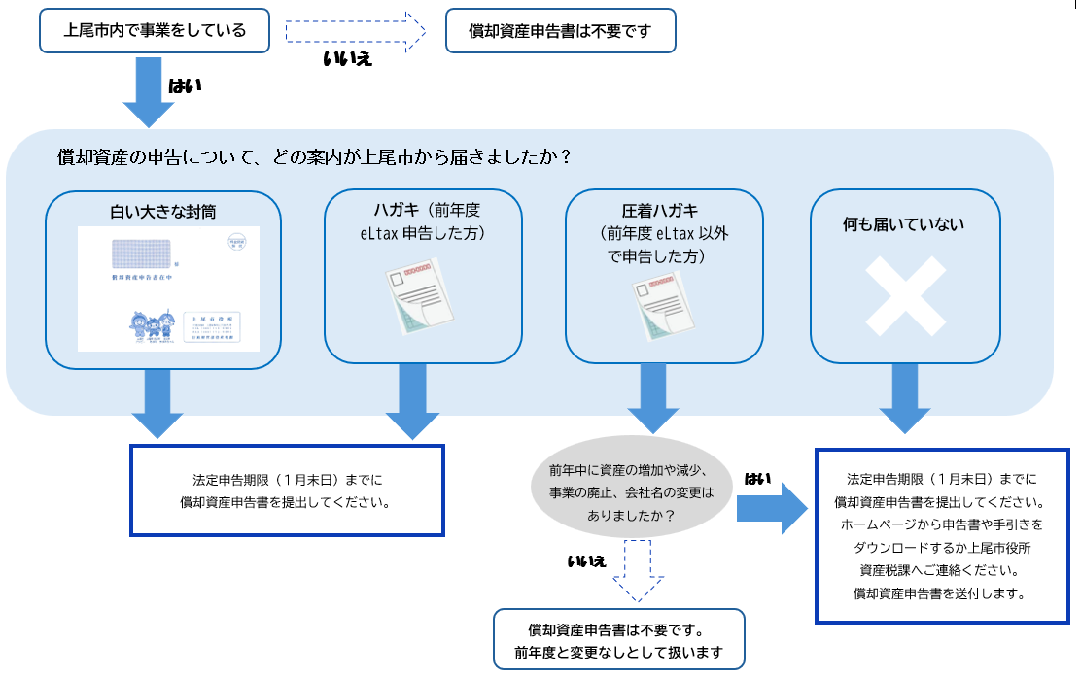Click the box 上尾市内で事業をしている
click(x=155, y=31)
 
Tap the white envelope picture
click(x=168, y=288)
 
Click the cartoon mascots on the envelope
click(x=153, y=327)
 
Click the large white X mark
click(x=905, y=296)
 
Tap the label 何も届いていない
click(x=904, y=225)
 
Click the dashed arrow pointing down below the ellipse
click(x=639, y=573)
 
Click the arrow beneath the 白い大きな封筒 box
click(x=157, y=403)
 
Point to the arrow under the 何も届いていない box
click(x=905, y=401)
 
